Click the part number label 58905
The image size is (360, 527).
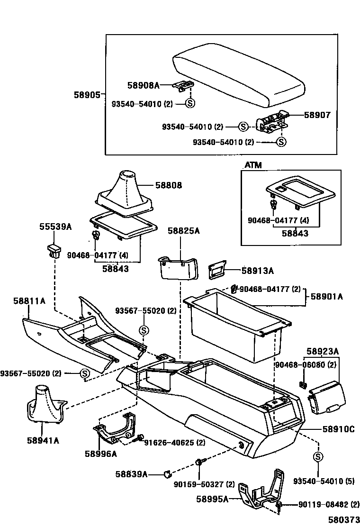[x=87, y=95]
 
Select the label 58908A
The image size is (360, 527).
[x=144, y=85]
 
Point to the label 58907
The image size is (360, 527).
[x=317, y=115]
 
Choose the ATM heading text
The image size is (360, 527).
[x=253, y=165]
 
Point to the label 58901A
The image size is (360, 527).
[x=327, y=297]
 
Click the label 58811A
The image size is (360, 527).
[x=29, y=301]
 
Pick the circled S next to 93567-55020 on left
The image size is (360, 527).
[x=85, y=373]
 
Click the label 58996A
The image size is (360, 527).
[x=101, y=454]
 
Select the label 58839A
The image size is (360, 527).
[x=131, y=474]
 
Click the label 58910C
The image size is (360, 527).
[x=339, y=429]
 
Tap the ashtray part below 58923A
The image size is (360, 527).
[x=327, y=397]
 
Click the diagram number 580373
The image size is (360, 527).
[x=344, y=519]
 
